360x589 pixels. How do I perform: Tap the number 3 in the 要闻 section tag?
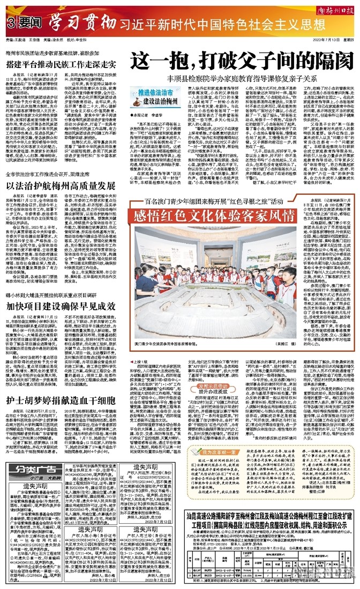coord(10,24)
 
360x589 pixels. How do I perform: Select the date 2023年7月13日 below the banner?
coord(324,40)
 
